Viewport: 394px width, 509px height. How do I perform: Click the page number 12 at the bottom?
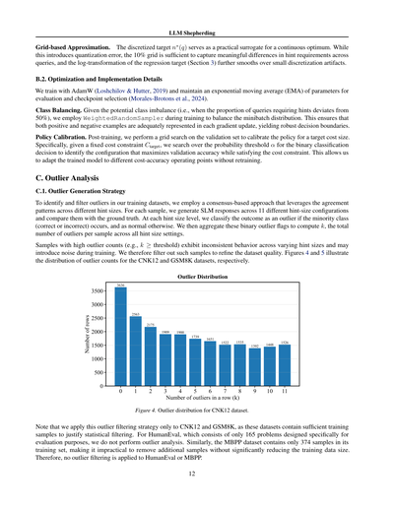click(x=197, y=474)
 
